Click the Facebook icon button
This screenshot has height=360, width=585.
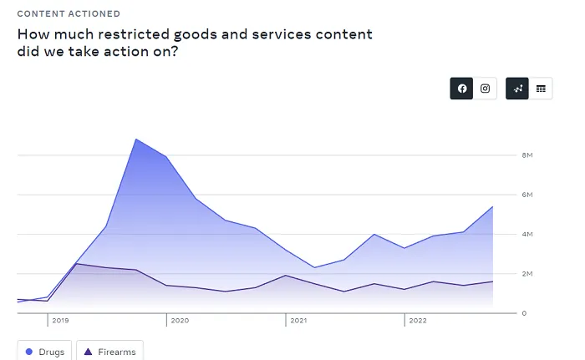(462, 89)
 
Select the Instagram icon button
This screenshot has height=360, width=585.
(486, 89)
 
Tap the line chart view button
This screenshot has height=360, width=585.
(518, 89)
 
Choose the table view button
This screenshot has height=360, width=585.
(541, 89)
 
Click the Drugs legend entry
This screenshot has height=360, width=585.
(45, 352)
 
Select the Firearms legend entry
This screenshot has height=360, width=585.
(110, 352)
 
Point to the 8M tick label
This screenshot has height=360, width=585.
(527, 155)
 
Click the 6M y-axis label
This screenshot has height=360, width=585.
(527, 195)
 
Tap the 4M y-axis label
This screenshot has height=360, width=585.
(527, 234)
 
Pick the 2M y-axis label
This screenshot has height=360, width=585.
(527, 274)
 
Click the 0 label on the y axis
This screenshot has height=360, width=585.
(524, 313)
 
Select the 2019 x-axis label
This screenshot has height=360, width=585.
(60, 320)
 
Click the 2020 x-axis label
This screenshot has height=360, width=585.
(179, 320)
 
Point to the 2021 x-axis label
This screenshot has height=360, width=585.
(298, 320)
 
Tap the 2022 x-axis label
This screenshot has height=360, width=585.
(416, 320)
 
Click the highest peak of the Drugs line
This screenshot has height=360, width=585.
(135, 139)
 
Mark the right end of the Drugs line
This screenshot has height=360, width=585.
(492, 206)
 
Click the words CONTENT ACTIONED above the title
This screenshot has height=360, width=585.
(69, 14)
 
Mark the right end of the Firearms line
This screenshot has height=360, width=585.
(492, 281)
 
